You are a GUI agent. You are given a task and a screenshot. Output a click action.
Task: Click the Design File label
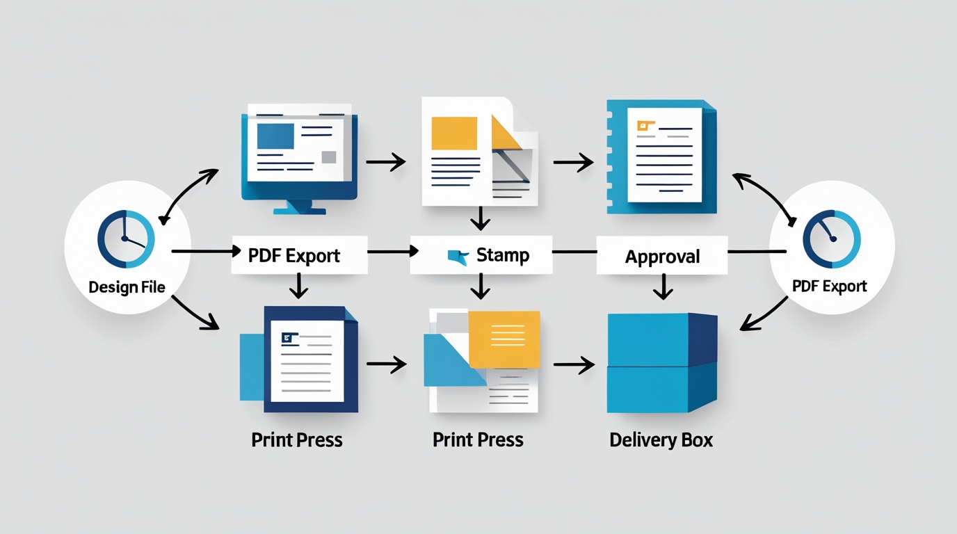tap(127, 286)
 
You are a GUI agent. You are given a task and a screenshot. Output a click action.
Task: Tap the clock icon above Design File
tap(126, 239)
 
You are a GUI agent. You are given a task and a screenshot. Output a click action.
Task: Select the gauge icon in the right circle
tap(831, 239)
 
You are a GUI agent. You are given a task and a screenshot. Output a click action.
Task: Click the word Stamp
tap(503, 255)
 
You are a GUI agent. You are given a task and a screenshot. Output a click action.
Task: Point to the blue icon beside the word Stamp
tap(458, 257)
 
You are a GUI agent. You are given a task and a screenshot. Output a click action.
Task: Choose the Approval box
tap(662, 256)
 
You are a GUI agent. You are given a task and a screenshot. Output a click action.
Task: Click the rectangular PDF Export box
tap(299, 255)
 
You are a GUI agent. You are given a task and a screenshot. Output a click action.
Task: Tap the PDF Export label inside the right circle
tap(830, 286)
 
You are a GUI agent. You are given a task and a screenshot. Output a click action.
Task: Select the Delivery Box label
tap(661, 440)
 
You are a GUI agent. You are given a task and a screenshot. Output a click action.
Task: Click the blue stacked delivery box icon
tap(661, 362)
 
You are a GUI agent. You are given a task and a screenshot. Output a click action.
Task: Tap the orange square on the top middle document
tap(454, 133)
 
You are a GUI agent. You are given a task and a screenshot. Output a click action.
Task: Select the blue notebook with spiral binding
tap(661, 156)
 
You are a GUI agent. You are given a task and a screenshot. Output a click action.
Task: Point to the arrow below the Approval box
tap(663, 286)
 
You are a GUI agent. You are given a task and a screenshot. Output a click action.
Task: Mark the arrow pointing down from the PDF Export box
tap(298, 285)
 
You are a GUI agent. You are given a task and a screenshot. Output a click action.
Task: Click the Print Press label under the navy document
tap(297, 440)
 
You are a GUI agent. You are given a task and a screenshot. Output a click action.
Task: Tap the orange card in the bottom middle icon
tap(504, 339)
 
